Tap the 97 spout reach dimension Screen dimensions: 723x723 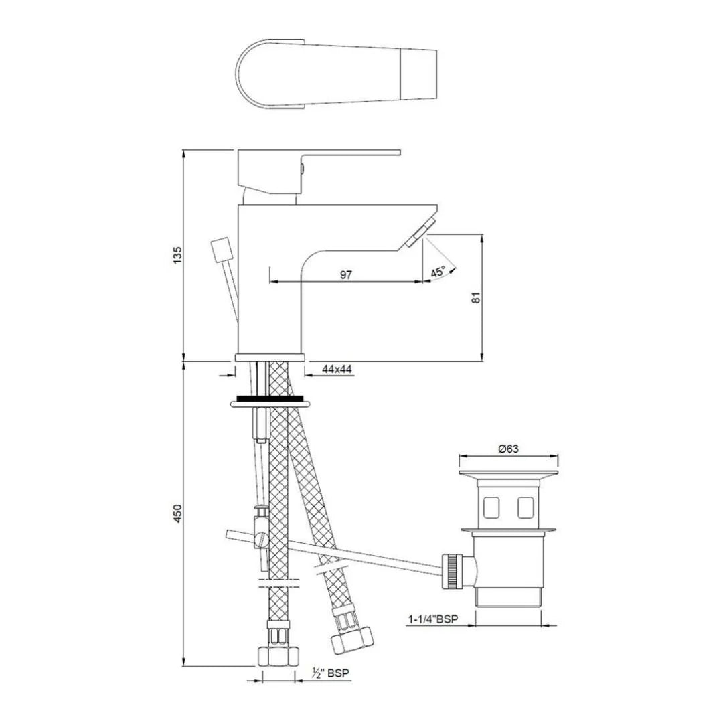(x=346, y=274)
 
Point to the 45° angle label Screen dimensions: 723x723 (x=438, y=272)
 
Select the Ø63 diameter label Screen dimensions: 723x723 (x=509, y=449)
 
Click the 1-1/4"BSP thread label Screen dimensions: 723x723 (x=433, y=619)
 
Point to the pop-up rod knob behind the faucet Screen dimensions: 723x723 (x=220, y=250)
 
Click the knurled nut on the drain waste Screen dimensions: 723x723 (x=454, y=571)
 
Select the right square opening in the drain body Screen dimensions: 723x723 (x=526, y=509)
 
